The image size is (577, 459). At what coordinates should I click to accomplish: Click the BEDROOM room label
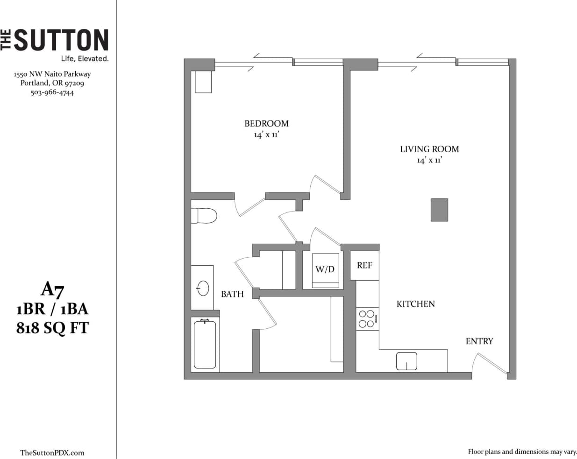(x=266, y=124)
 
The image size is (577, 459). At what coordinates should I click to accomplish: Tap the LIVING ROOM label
(x=429, y=149)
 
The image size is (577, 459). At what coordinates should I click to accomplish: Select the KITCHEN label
(x=415, y=304)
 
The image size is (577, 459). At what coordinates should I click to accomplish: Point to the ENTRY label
(x=479, y=341)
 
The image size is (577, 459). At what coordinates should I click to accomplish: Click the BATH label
(x=232, y=294)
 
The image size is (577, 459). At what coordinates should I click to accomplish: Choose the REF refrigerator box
(x=364, y=266)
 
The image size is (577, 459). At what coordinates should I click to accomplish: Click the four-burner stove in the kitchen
(x=367, y=319)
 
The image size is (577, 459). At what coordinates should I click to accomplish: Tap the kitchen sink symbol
(x=406, y=361)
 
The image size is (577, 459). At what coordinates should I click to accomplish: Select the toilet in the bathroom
(x=204, y=216)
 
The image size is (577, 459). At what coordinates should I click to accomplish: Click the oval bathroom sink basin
(x=203, y=288)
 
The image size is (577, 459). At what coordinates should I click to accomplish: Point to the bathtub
(x=205, y=344)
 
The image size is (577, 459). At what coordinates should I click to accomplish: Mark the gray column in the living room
(x=439, y=210)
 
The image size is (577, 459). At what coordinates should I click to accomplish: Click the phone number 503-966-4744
(x=52, y=92)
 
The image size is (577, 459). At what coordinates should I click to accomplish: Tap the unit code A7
(x=52, y=290)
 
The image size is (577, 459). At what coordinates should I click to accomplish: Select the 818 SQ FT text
(x=52, y=328)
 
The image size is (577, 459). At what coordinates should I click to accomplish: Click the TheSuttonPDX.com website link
(x=52, y=452)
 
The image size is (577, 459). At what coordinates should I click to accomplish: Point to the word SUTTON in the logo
(x=61, y=40)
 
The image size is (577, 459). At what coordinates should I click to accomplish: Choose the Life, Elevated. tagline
(x=85, y=59)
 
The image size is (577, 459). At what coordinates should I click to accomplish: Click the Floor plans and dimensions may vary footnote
(x=522, y=452)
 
